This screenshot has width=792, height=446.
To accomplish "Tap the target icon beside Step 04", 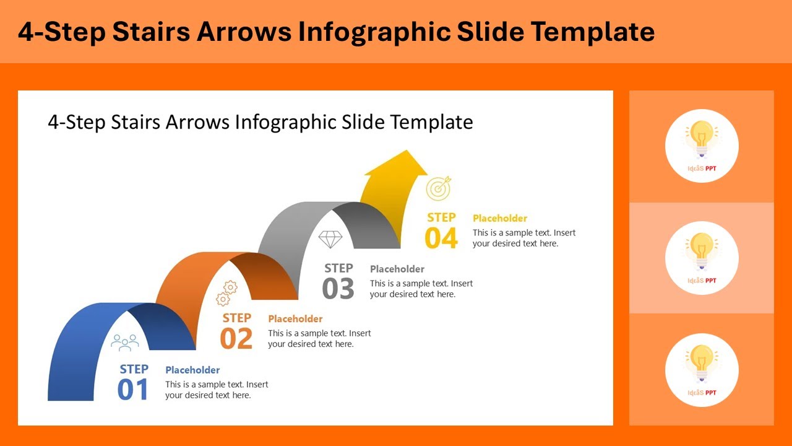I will click(x=439, y=188).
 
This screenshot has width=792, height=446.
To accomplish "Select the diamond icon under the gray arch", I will click(x=330, y=239).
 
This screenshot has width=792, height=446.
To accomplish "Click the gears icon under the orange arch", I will click(x=227, y=293).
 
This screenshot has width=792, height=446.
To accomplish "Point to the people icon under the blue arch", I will click(x=125, y=343).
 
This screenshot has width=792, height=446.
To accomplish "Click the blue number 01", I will click(x=133, y=390).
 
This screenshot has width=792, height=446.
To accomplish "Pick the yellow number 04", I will click(x=441, y=238).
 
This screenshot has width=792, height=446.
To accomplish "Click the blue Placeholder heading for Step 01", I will click(x=192, y=370).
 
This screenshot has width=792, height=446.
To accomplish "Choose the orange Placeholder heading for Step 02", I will click(x=295, y=319).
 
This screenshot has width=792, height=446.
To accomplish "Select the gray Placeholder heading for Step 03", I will click(x=397, y=269).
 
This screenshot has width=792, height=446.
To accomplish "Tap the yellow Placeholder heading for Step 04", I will click(x=500, y=218).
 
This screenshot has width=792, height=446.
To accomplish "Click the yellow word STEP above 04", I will click(x=441, y=217).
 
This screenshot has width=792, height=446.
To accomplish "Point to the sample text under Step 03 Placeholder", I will click(x=421, y=289).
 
